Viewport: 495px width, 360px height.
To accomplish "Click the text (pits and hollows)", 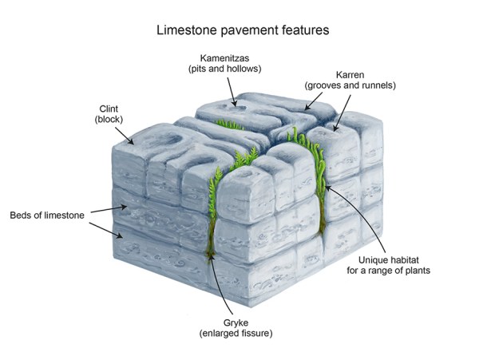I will coord(225,69).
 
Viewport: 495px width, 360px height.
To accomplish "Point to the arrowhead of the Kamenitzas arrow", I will coord(234,104).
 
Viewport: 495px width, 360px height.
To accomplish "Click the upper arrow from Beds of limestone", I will coord(105,209).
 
